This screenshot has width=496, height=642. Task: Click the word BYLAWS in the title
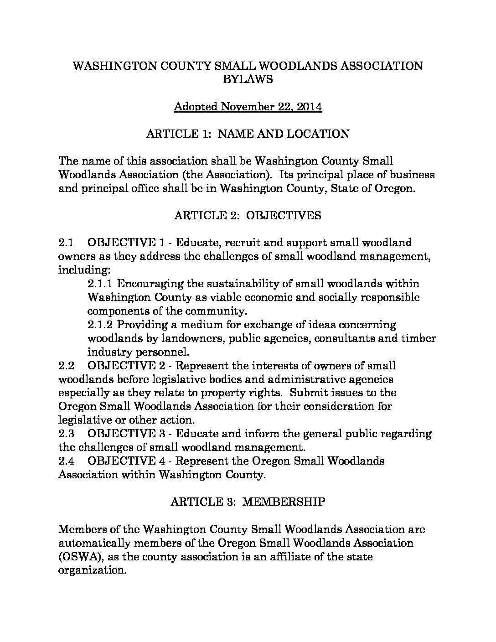coord(248,79)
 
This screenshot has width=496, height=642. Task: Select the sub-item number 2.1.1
coord(101,284)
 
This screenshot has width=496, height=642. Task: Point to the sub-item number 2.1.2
coord(101,325)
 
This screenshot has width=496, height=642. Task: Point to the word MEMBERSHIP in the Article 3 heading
coord(284,502)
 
